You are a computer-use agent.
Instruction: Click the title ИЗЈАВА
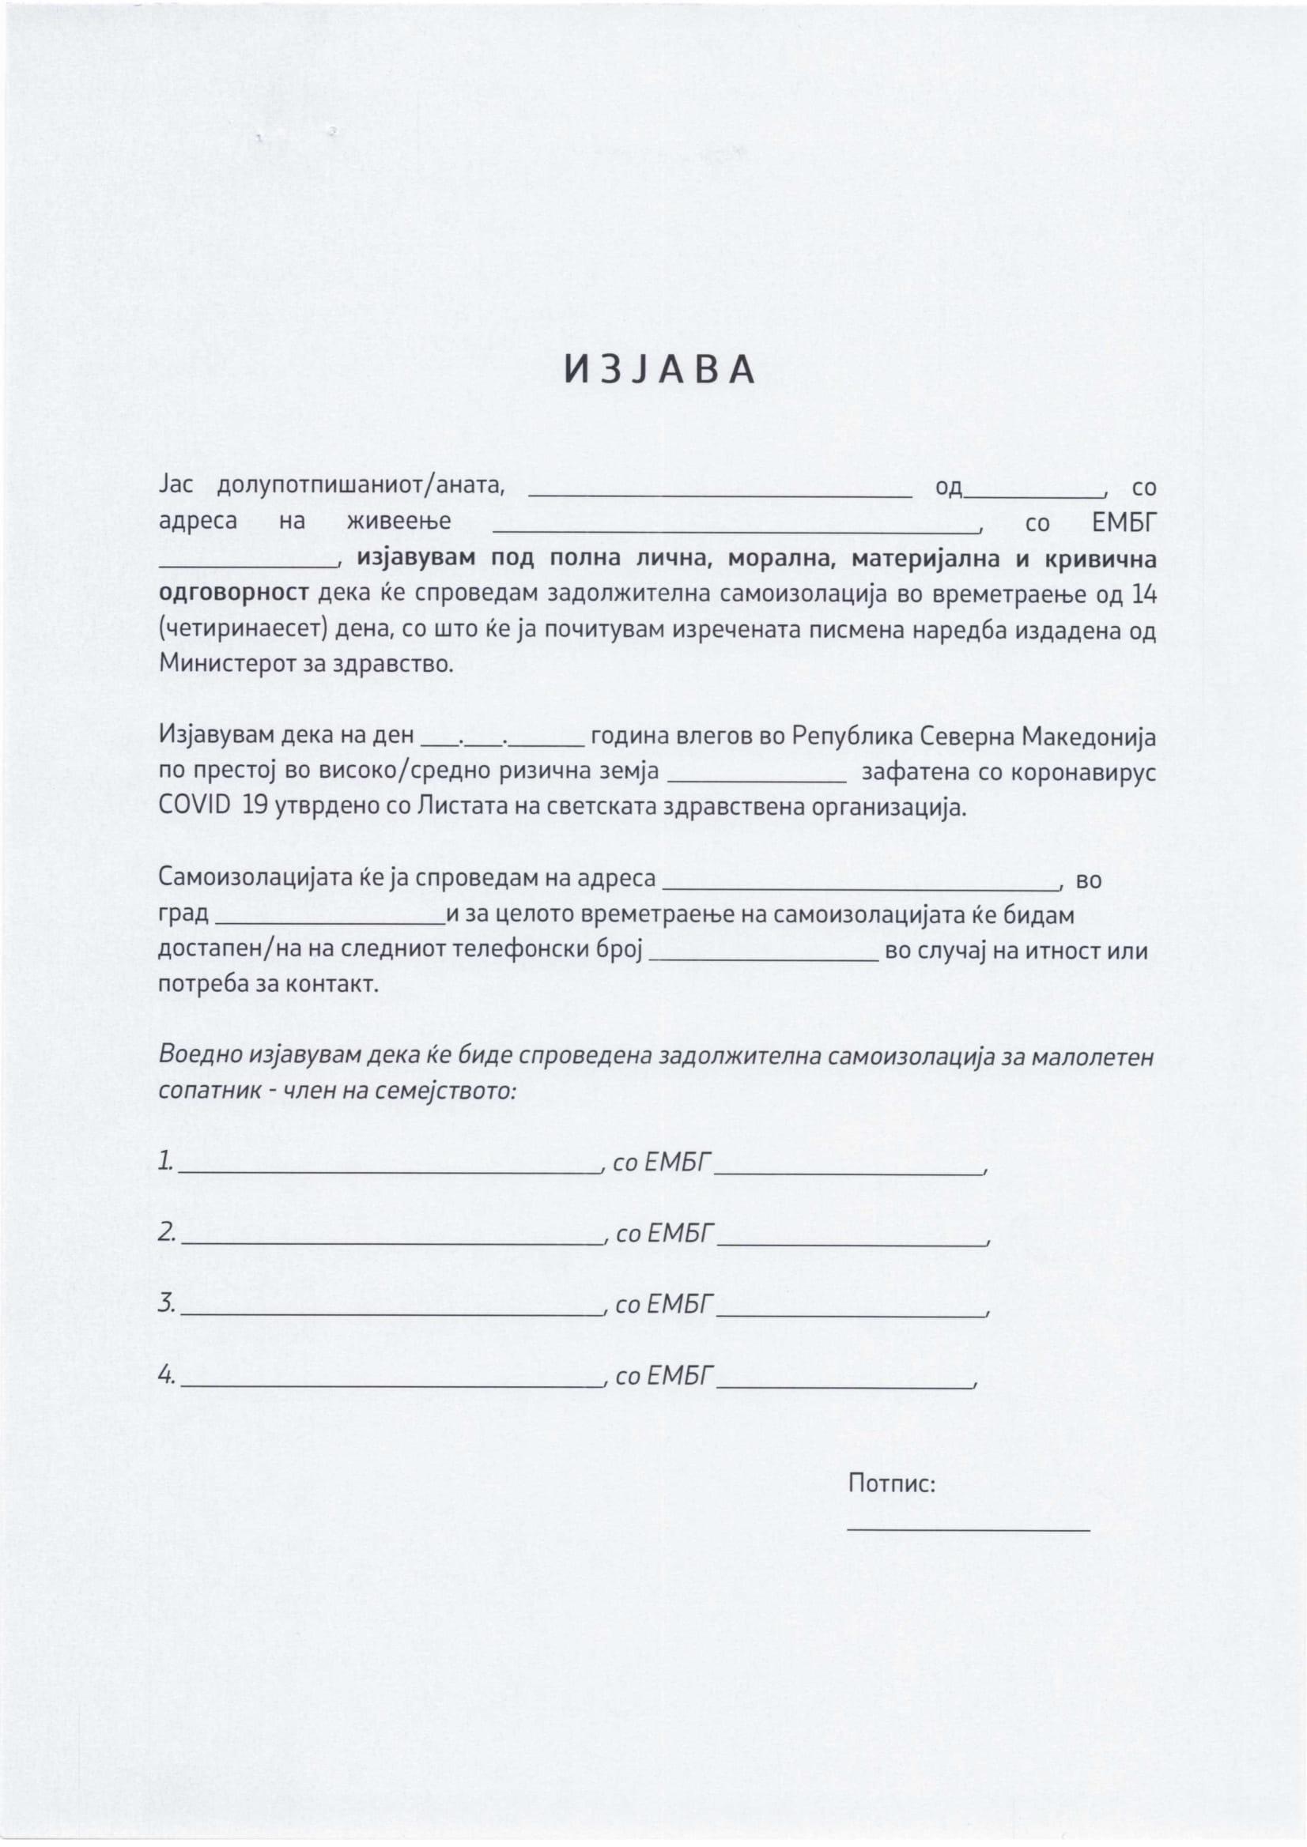(659, 369)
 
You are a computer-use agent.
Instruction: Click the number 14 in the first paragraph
(1143, 594)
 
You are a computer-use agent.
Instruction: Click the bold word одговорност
(233, 594)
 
